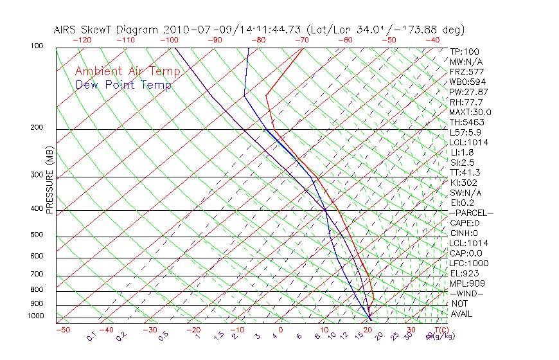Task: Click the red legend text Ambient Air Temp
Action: point(127,71)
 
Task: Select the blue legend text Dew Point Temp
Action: point(123,85)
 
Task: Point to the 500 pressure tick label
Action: point(36,235)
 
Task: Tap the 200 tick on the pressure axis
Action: point(36,128)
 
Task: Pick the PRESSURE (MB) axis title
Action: point(50,181)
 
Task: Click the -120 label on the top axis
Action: point(82,40)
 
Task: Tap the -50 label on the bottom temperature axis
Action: point(62,330)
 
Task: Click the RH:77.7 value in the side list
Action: point(466,102)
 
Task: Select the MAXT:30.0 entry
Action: point(471,113)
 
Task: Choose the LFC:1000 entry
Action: point(469,264)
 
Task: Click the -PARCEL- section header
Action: point(471,213)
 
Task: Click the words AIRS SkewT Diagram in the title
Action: point(107,30)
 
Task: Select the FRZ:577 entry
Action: point(466,72)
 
